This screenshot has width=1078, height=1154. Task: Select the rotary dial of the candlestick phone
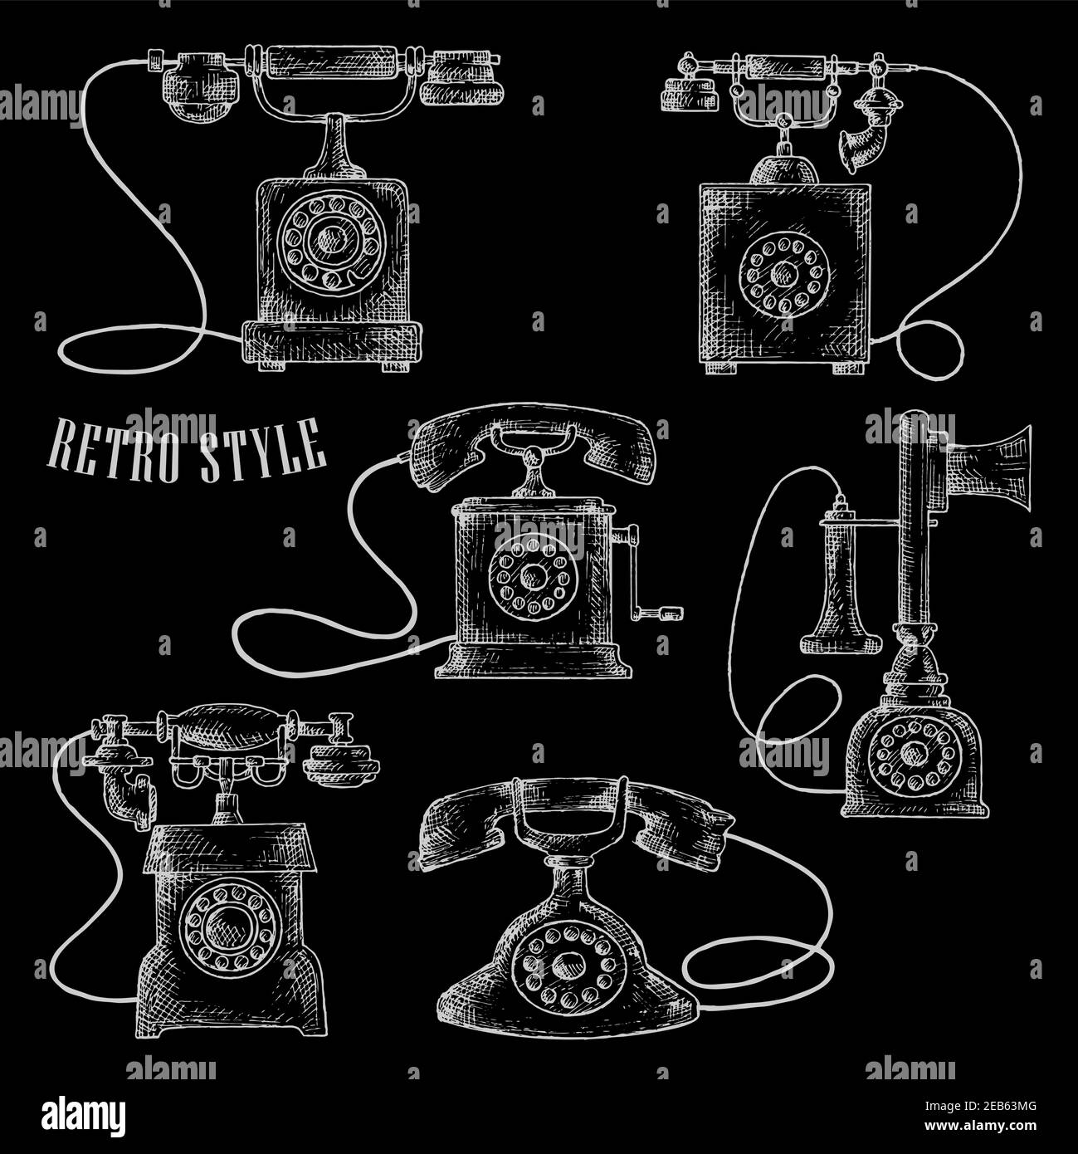[x=915, y=754]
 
